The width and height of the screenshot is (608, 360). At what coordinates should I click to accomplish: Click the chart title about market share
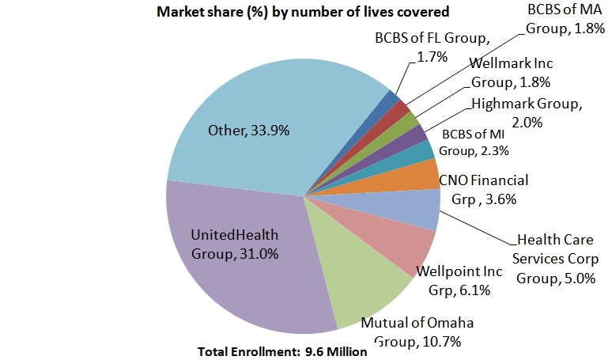(x=303, y=12)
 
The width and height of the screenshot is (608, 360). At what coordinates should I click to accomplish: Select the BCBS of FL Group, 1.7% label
(x=432, y=47)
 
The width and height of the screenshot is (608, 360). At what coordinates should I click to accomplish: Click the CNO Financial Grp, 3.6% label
(x=483, y=190)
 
